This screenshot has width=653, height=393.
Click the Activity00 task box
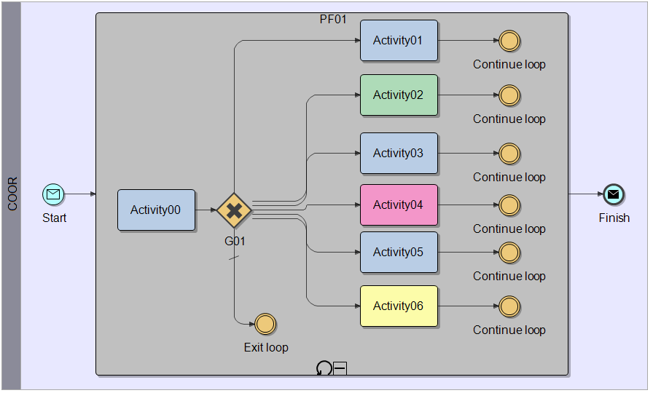click(x=156, y=210)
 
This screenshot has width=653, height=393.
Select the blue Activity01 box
click(x=399, y=41)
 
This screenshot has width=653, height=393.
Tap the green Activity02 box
click(x=399, y=95)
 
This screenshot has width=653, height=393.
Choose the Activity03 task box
click(x=399, y=154)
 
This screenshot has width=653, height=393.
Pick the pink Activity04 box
click(x=399, y=205)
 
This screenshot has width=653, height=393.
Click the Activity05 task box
click(x=399, y=253)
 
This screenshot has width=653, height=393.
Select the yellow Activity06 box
click(x=399, y=306)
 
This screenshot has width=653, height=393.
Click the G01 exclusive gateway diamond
click(x=234, y=210)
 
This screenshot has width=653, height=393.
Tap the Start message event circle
click(x=53, y=194)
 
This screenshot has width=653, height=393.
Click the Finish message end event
click(x=614, y=194)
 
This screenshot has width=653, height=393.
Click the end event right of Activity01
click(x=509, y=41)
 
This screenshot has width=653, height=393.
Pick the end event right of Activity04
click(x=509, y=205)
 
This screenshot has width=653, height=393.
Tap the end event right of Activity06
click(x=509, y=306)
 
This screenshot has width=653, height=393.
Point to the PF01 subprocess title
click(x=333, y=19)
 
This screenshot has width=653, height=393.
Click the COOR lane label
click(x=12, y=195)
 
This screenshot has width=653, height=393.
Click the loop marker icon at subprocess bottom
click(x=324, y=368)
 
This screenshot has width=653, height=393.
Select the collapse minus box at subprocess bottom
click(x=340, y=368)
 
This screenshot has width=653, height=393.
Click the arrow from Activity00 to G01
click(x=206, y=210)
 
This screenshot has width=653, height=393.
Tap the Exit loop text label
click(x=266, y=347)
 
